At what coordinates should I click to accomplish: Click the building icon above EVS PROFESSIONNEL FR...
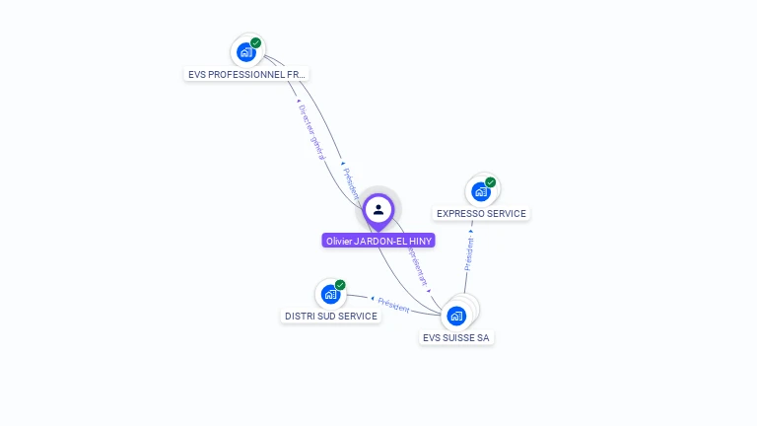coord(245,52)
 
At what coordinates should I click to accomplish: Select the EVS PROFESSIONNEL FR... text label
coord(247,74)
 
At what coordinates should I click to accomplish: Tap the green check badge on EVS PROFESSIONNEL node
coord(256,42)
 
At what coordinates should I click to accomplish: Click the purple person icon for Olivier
coord(378,209)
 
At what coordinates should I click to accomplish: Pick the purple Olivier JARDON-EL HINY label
coord(378,241)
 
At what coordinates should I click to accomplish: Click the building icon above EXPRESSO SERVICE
coord(480,191)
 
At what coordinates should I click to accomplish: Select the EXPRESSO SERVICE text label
coord(481,213)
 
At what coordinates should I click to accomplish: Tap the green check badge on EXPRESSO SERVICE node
coord(491,182)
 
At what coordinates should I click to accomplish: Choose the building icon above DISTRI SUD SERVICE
coord(330,294)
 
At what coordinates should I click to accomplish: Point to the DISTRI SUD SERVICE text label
coord(331,316)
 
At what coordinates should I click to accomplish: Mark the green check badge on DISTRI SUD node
coord(341,285)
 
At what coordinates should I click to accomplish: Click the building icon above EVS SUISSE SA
coord(455,316)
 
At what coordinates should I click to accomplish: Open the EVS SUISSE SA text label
coord(455,337)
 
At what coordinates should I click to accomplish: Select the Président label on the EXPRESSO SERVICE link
coord(469,252)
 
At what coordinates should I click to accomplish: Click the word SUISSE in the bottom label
coord(459,337)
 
